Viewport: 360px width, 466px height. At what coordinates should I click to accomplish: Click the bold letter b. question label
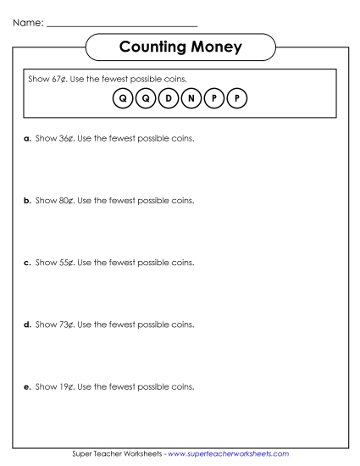(x=27, y=201)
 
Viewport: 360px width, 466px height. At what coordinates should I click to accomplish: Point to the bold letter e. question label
(x=27, y=386)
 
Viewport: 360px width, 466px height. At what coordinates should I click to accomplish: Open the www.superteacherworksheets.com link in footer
(x=229, y=454)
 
